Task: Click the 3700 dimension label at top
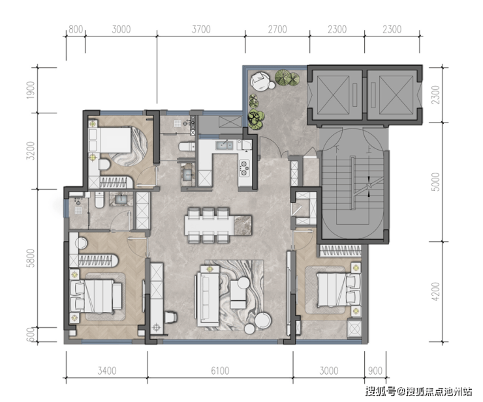click(201, 29)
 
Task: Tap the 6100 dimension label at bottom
click(220, 371)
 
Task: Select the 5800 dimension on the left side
click(31, 258)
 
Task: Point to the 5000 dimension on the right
click(436, 182)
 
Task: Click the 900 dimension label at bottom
click(375, 371)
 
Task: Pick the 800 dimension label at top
click(76, 29)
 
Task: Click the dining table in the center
click(218, 225)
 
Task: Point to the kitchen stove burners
click(244, 169)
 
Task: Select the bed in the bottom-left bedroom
click(95, 296)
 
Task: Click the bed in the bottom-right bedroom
click(339, 290)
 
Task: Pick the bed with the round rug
click(115, 140)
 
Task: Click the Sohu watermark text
click(418, 392)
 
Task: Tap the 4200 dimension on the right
click(436, 292)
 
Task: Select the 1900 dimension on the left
click(31, 90)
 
